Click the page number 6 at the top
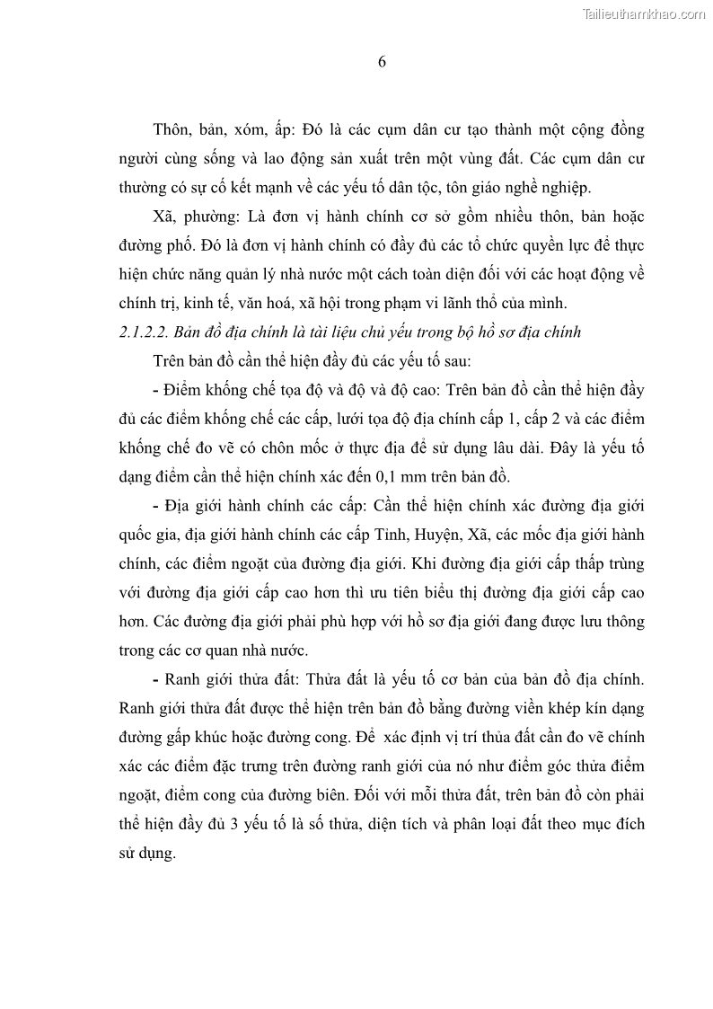point(382,62)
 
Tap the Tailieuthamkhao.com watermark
point(645,13)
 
